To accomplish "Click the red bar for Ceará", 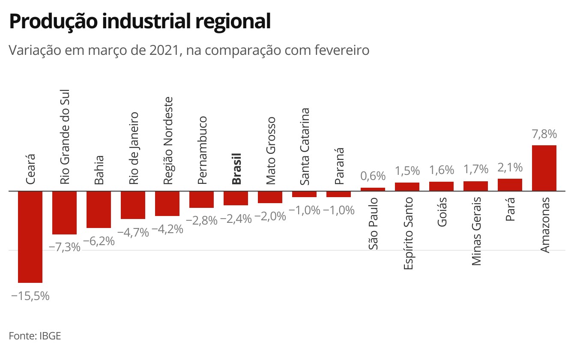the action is tap(30, 237).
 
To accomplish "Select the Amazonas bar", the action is tap(544, 168).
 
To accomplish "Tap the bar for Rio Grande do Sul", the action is tap(64, 213).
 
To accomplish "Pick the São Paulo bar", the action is tap(373, 189).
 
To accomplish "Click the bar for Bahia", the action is tap(99, 210).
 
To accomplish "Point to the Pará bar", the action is tap(510, 185).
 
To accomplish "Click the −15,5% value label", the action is tap(30, 296).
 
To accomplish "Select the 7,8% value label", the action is tap(544, 134).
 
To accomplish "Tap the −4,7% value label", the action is tap(133, 233).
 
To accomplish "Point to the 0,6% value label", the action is tap(373, 176).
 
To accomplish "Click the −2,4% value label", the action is tap(236, 219).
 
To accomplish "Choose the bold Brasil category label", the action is tap(236, 169).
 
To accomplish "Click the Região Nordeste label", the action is tap(168, 141).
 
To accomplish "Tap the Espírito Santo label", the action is tap(408, 233).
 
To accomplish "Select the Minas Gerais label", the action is tap(476, 231).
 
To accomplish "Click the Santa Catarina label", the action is tap(305, 147).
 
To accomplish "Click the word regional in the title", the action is tap(233, 21).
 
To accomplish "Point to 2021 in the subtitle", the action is tap(164, 50).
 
